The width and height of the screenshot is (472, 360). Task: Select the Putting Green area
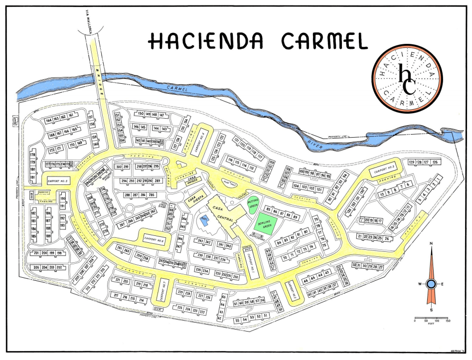(x=254, y=203)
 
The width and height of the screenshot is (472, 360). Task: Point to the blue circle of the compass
(x=431, y=284)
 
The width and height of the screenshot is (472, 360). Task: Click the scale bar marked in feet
(x=431, y=318)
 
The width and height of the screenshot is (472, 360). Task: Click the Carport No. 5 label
(x=57, y=180)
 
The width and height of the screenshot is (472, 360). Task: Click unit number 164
(x=49, y=120)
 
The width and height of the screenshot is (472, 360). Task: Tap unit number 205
(x=36, y=268)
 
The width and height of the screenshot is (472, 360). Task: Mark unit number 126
(x=435, y=163)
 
